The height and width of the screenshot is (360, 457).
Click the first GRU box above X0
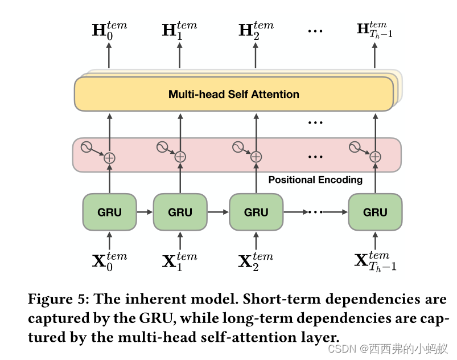point(109,212)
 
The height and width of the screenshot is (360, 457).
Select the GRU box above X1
point(180,212)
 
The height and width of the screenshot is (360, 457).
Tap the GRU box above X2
point(256,212)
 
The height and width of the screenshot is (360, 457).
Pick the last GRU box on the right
point(375,212)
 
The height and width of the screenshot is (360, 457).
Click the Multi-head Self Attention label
point(233,95)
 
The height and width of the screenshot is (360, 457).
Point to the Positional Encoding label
point(315,180)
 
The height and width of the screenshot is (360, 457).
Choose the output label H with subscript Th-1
point(374,30)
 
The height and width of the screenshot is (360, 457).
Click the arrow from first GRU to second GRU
point(145,212)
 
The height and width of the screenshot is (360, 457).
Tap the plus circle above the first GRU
point(109,157)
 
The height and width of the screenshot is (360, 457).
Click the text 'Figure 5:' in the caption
point(59,299)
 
